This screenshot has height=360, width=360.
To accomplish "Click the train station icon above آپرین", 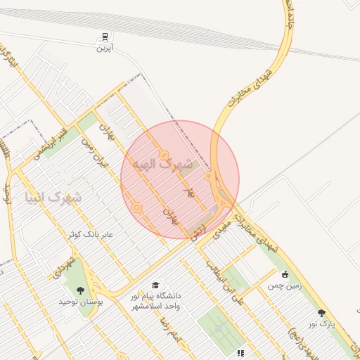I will click(x=105, y=37).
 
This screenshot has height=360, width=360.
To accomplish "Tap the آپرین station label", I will click(x=105, y=48).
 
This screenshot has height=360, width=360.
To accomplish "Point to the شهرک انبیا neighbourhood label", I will click(x=52, y=197).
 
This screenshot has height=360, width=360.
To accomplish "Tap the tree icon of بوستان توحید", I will click(x=80, y=290).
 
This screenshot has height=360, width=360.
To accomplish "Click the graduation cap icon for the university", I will click(x=155, y=285).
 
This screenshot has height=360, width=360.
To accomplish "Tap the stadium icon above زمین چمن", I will click(x=285, y=275).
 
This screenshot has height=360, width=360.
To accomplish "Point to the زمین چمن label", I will click(x=283, y=286).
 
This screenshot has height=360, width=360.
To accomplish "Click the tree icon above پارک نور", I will click(x=321, y=313).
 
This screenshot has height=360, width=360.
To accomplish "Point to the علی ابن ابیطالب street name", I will click(x=221, y=278).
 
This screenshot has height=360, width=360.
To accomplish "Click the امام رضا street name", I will click(x=171, y=330).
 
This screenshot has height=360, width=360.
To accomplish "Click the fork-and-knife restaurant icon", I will click(x=240, y=353).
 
